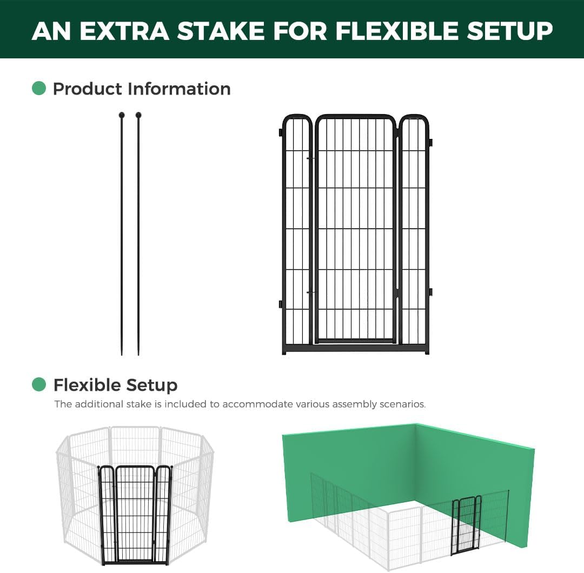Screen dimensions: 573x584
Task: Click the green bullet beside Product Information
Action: click(x=39, y=88)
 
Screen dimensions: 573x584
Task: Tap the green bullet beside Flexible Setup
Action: click(x=39, y=384)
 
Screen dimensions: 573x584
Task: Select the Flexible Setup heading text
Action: click(x=115, y=385)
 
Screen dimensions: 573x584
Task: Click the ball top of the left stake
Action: click(x=122, y=115)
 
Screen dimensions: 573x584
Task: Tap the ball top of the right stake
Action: click(x=138, y=115)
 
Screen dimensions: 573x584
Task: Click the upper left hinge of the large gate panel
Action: click(x=281, y=132)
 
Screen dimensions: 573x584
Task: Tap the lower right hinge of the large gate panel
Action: click(x=431, y=292)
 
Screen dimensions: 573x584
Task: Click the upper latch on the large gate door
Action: click(x=310, y=158)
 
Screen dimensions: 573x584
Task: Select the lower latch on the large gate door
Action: click(x=310, y=292)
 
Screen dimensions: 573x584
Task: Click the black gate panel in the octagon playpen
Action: click(x=135, y=514)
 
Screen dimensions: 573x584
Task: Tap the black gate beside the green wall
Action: click(x=466, y=524)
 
